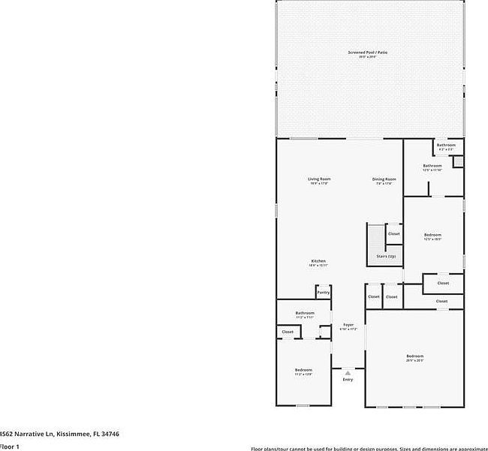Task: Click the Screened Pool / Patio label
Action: (368, 52)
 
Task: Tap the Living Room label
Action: (319, 179)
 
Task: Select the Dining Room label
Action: (384, 179)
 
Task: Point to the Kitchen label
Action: (318, 260)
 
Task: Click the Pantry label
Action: (323, 292)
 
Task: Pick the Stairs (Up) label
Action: (386, 257)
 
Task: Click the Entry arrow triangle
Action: (348, 372)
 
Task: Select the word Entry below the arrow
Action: (348, 380)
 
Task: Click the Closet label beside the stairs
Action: (394, 234)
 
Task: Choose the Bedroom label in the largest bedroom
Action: (415, 356)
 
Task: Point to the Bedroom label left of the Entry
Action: (303, 370)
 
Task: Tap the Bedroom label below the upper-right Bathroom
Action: (432, 235)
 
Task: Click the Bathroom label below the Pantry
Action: (305, 313)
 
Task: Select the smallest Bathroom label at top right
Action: (447, 145)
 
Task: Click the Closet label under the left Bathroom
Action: (288, 331)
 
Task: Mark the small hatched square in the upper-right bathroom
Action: (458, 161)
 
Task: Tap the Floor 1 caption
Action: (10, 446)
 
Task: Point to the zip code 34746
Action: (110, 434)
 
